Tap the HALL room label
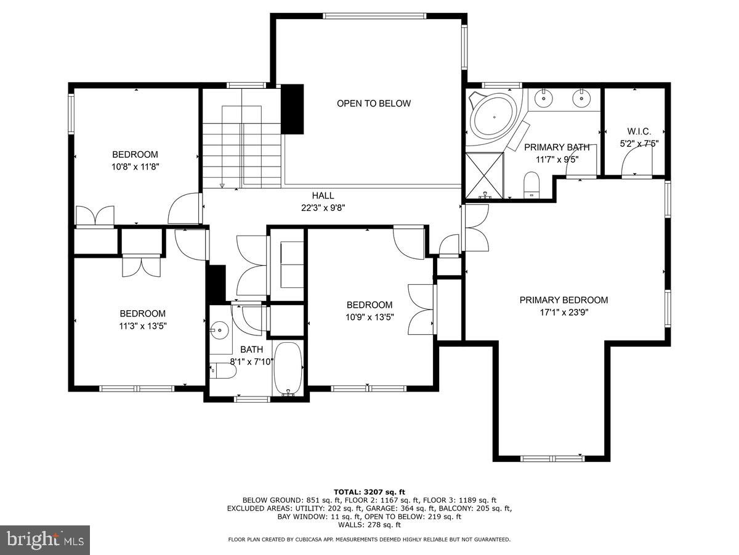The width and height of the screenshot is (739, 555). [323, 195]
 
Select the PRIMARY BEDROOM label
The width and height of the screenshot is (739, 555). [563, 300]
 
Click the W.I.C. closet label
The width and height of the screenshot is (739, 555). [639, 131]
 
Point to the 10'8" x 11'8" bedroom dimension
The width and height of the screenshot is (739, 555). [135, 166]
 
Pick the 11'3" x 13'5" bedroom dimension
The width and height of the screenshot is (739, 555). [142, 326]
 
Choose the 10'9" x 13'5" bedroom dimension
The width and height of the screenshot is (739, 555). [369, 317]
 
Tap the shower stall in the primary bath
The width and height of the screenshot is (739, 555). [484, 176]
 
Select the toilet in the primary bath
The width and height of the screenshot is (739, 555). [531, 185]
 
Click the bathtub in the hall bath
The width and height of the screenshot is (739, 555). [288, 369]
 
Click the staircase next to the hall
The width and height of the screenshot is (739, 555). [242, 148]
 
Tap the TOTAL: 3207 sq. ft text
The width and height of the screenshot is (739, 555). [369, 491]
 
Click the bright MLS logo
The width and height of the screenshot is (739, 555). [45, 540]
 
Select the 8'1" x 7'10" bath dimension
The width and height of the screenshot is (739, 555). [251, 361]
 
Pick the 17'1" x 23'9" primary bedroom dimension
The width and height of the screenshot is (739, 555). [563, 312]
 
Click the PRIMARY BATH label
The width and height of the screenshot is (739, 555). [557, 147]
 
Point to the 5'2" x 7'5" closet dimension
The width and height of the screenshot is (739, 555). [639, 143]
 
